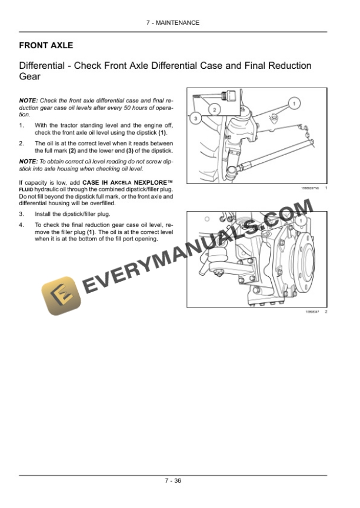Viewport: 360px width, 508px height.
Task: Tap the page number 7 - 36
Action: (172, 480)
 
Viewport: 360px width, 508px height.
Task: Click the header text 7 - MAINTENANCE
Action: (172, 23)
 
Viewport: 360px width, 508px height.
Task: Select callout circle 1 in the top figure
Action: (292, 103)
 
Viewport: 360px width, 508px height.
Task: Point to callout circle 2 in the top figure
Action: (214, 109)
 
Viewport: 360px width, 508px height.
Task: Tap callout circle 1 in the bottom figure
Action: (301, 220)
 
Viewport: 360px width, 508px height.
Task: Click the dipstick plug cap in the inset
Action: (231, 96)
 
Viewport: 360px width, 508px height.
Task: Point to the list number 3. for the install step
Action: (22, 214)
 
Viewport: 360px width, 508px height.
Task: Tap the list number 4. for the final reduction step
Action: (22, 225)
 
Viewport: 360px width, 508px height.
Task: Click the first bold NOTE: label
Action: (28, 101)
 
